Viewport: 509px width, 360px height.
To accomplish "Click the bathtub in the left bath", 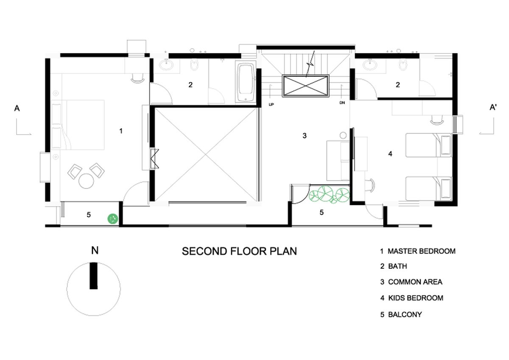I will pos(246,83).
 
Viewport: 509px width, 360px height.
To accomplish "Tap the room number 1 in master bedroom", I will pos(121,131).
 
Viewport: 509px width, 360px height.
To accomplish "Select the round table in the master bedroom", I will pos(87,181).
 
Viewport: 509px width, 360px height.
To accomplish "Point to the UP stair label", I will pos(271,103).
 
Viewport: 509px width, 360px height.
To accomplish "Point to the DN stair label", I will pos(342,103).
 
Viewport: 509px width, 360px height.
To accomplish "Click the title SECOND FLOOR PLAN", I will pos(239,251).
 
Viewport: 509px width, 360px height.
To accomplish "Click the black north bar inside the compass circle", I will pos(94,276).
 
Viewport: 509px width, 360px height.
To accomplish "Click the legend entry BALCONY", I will pos(405,315).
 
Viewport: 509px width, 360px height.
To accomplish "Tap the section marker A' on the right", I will pos(493,108).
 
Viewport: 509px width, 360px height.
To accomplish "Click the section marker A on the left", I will pos(17,109).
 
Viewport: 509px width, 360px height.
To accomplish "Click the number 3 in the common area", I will pos(304,136).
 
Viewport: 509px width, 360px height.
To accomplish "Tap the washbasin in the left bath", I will pos(166,65).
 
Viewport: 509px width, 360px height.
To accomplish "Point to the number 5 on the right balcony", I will pos(322,212).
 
